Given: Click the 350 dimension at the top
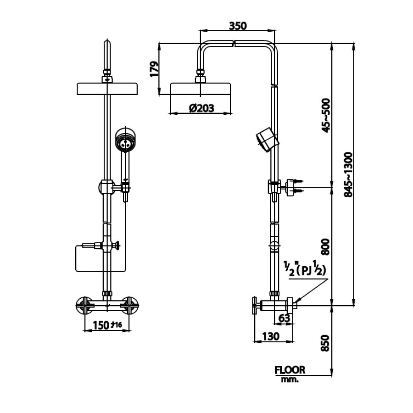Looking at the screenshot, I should point(238,25).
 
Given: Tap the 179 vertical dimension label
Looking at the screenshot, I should point(154,68).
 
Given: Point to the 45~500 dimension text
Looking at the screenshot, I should point(325,115).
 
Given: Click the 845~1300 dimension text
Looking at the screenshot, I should point(348,175).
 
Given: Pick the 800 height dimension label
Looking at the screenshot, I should point(325,247).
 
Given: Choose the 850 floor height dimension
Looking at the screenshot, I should point(325,344).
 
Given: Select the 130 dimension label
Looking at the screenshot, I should point(271,336).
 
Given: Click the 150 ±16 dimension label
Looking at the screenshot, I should point(107,325).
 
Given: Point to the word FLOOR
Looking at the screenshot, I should point(290,370).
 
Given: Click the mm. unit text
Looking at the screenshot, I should point(290,380).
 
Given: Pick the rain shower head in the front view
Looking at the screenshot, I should point(107,89).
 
